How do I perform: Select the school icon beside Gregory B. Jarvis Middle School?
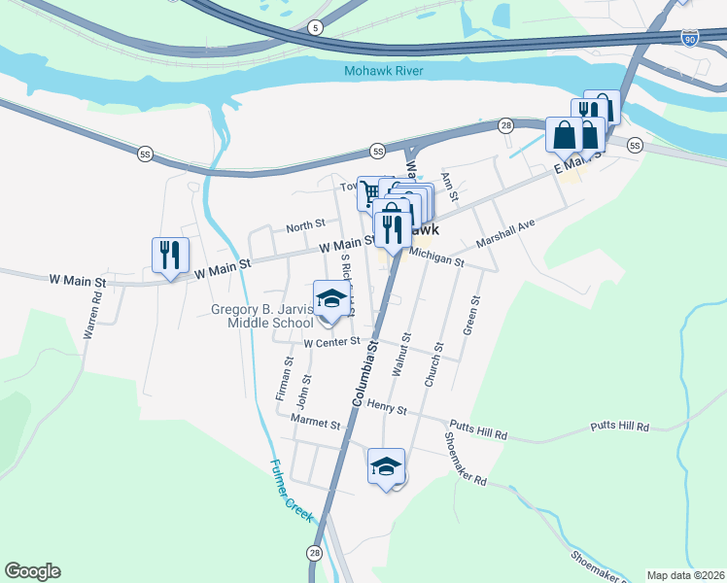click(x=331, y=298)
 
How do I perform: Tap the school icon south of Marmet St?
click(x=386, y=465)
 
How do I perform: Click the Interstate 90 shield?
click(x=690, y=38)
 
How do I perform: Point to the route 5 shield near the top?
click(x=314, y=28)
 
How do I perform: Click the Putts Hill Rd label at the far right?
click(x=619, y=426)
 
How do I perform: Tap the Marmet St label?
click(x=317, y=424)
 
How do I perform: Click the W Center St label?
click(x=331, y=342)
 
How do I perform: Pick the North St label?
click(x=305, y=226)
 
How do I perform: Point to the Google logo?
click(x=32, y=571)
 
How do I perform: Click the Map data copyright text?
click(x=685, y=575)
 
